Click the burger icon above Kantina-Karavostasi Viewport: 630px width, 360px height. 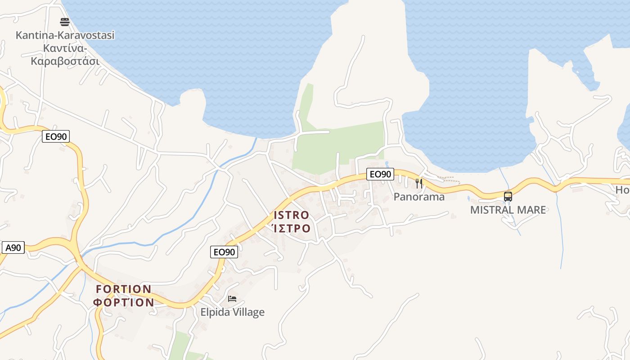[65, 22]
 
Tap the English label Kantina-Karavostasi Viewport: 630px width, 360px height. [65, 35]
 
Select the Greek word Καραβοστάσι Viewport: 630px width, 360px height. [65, 61]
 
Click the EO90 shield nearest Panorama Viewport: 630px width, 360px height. [380, 174]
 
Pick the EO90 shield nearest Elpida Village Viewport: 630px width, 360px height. [224, 252]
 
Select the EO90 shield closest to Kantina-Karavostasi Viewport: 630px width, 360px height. [56, 136]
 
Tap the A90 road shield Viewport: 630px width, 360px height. [13, 247]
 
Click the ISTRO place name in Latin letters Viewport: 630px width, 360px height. [291, 215]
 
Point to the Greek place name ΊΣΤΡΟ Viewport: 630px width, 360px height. [292, 229]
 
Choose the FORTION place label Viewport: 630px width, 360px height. [124, 289]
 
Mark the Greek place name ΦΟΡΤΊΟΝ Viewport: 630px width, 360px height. [124, 302]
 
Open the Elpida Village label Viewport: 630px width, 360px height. [232, 312]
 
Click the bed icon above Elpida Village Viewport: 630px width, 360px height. [232, 298]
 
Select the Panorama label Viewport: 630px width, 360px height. [419, 197]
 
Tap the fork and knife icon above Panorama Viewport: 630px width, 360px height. [419, 183]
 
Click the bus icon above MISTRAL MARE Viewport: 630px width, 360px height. [508, 196]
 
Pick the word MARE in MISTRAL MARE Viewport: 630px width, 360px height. [534, 210]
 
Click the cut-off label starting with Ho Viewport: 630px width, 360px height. [623, 190]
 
